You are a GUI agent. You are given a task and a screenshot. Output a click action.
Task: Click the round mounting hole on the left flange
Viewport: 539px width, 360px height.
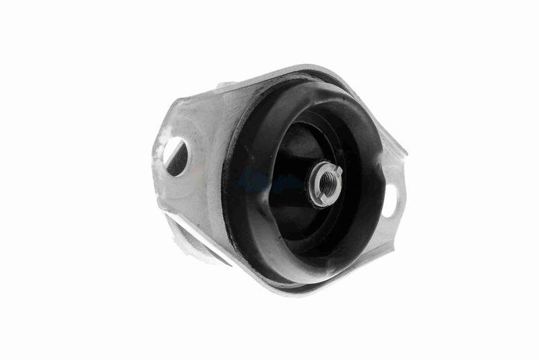tap(175, 156)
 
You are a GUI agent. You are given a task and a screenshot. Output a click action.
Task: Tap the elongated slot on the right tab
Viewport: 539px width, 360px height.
tap(391, 201)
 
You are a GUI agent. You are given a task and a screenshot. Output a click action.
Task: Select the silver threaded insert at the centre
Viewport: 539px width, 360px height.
tap(325, 182)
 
